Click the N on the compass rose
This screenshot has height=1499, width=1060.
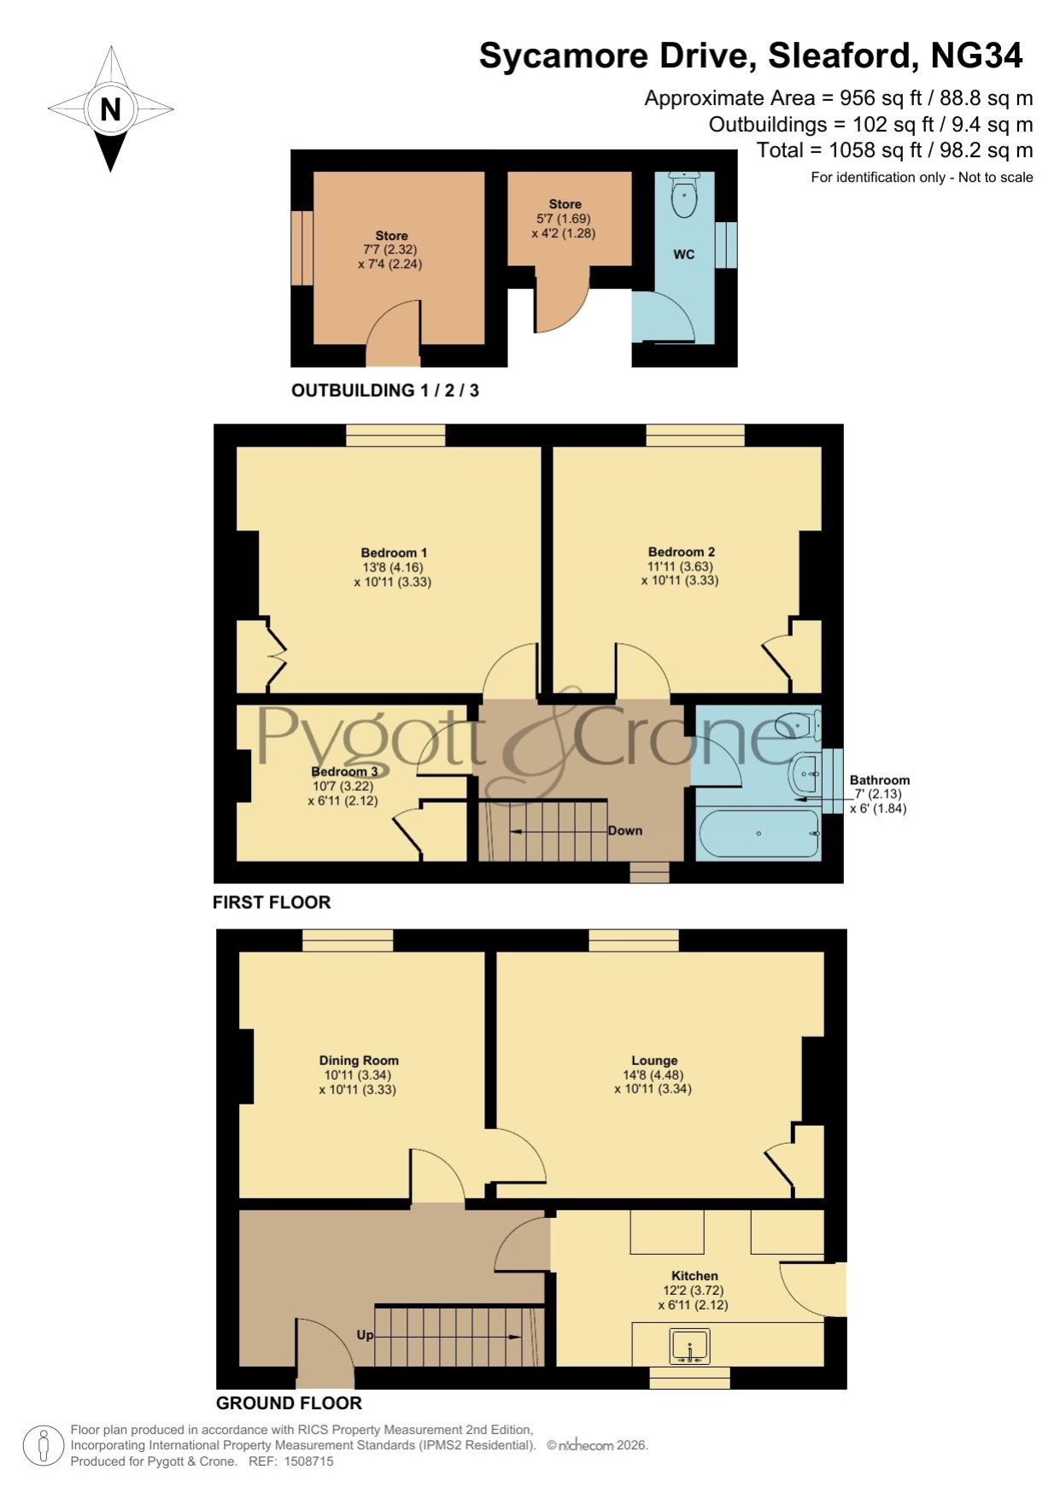110,109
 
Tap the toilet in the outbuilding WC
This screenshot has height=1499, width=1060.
684,195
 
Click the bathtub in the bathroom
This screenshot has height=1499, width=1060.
759,833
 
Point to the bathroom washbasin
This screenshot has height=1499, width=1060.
805,774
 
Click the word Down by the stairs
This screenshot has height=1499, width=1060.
625,830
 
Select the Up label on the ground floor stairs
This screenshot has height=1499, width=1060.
365,1335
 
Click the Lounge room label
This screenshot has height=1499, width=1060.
654,1061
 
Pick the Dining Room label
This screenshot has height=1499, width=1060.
359,1061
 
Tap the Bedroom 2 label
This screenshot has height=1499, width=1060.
681,552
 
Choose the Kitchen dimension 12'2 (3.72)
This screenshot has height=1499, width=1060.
694,1291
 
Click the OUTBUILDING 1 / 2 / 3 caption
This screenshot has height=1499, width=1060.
385,390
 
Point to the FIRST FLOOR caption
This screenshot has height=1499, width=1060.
272,902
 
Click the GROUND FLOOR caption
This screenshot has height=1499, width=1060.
289,1403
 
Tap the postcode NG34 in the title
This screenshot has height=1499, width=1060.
976,56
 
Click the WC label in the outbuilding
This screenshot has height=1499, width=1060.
683,255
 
